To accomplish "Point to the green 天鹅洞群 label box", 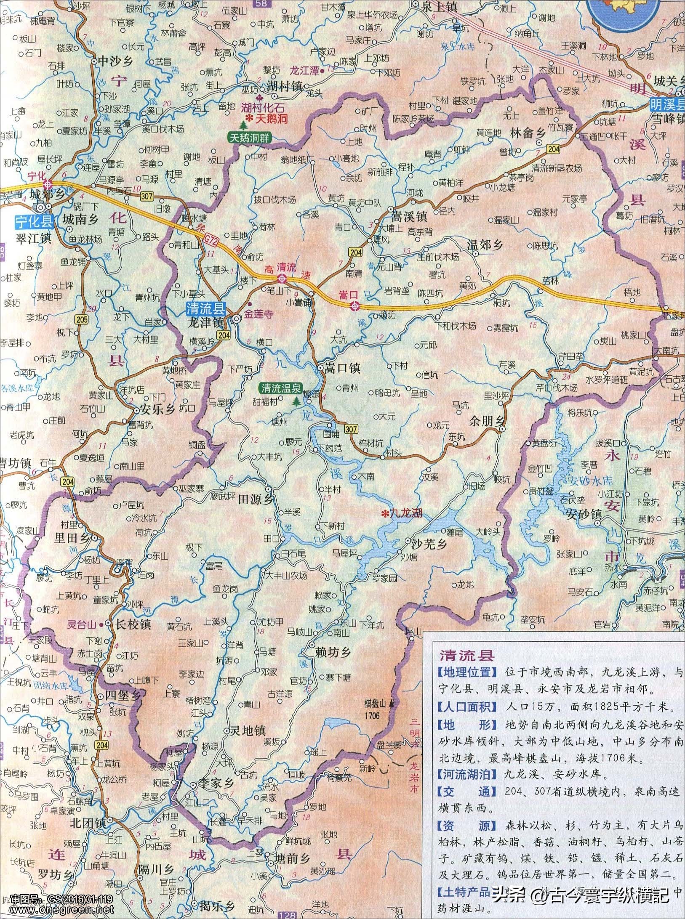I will [x=250, y=137].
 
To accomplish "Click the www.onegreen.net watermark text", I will [x=57, y=910].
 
